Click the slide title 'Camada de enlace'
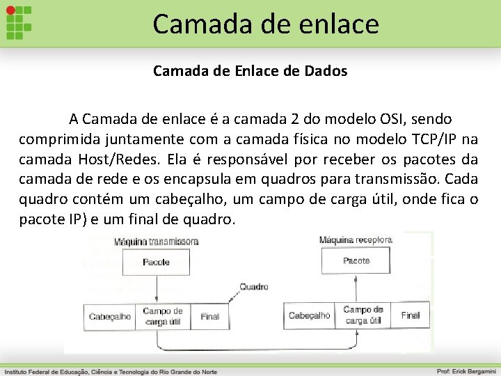tap(266, 24)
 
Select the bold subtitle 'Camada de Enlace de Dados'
tap(250, 71)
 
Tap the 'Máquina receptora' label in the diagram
tap(356, 240)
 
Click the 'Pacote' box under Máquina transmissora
tap(156, 262)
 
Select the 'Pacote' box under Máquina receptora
tap(356, 260)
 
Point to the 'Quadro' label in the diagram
tap(253, 286)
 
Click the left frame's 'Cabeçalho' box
tap(109, 316)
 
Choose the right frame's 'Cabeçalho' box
tap(310, 315)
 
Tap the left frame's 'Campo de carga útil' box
tap(162, 316)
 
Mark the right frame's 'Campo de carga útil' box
tap(363, 315)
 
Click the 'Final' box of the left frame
tap(209, 316)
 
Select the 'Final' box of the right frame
tap(410, 315)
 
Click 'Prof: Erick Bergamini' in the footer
tap(466, 371)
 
